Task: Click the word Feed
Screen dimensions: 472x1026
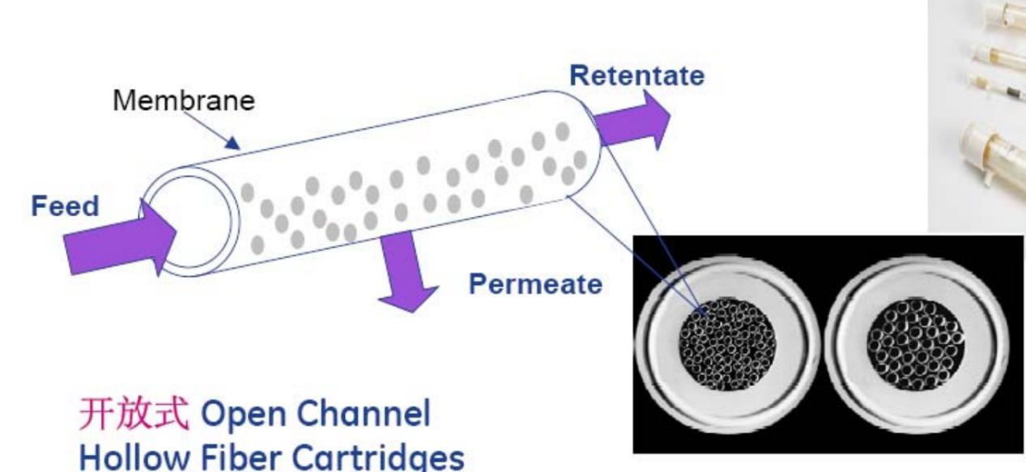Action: pos(65,206)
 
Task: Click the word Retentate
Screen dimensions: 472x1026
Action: pos(636,75)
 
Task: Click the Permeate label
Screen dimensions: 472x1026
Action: pos(536,284)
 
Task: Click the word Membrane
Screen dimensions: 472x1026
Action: pos(183,100)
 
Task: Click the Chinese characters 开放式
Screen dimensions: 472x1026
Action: pos(134,414)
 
